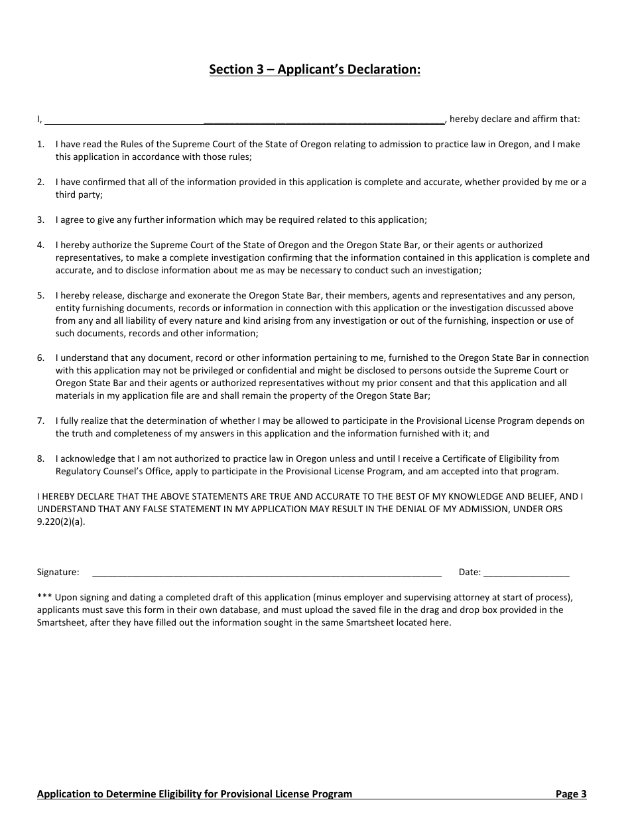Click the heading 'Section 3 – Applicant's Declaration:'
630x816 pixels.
(314, 70)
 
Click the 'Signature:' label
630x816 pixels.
(58, 572)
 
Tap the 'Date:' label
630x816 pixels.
(470, 572)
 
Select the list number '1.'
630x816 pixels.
(41, 144)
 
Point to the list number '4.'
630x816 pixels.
(41, 245)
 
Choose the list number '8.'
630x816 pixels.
(41, 458)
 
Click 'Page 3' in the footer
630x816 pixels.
(570, 793)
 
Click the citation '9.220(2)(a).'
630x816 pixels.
(61, 521)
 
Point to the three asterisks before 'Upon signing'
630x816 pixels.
(44, 597)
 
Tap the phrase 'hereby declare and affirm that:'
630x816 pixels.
(515, 119)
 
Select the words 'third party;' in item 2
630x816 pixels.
(79, 194)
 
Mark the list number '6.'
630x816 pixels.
(41, 358)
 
